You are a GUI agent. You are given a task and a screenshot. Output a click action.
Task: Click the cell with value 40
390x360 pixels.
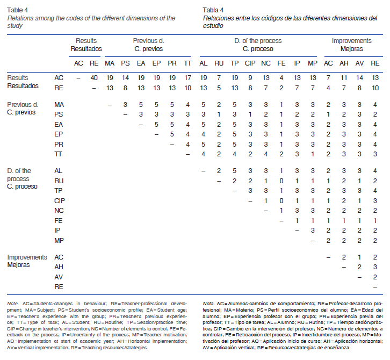[94, 78]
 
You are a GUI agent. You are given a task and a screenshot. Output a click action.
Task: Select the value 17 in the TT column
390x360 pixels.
[187, 78]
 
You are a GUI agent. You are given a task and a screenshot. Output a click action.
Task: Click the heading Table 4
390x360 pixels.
[18, 10]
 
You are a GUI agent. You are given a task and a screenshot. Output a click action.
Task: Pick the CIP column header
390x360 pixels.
[250, 63]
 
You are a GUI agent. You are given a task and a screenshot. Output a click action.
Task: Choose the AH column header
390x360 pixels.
[344, 63]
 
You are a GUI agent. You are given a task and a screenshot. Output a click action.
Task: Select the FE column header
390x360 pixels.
[281, 63]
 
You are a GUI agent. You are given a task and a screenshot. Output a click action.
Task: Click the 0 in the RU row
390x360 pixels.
[281, 181]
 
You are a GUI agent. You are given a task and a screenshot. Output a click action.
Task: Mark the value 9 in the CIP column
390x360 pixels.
[250, 78]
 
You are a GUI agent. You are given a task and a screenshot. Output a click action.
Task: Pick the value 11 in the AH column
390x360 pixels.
[344, 78]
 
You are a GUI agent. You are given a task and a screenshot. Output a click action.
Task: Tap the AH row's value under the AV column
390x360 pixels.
[359, 267]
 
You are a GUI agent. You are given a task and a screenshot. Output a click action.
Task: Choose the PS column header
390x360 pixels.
[125, 63]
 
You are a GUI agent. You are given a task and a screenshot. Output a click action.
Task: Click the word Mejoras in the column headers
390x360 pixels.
[351, 49]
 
